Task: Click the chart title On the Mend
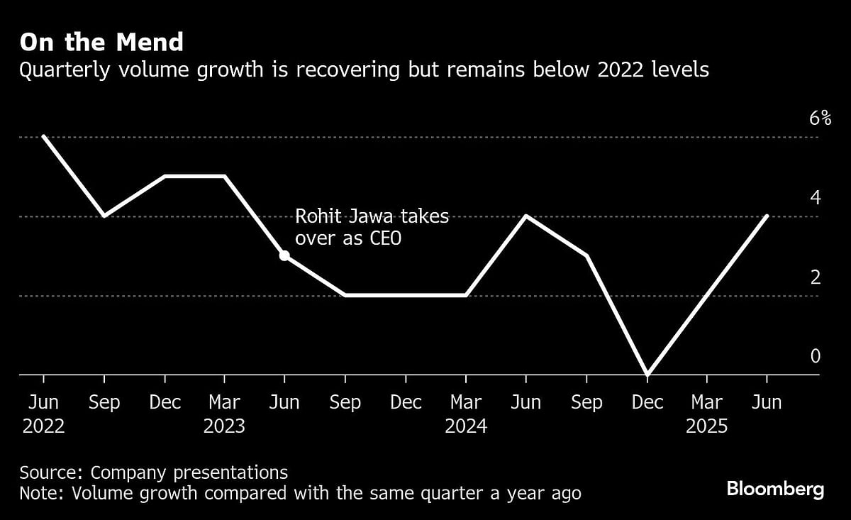tap(101, 43)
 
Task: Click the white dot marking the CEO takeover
tap(284, 255)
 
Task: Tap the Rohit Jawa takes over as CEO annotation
tap(372, 227)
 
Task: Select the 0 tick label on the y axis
tap(815, 356)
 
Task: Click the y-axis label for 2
tap(815, 277)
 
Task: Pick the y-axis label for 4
tap(815, 197)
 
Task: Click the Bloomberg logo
tap(775, 489)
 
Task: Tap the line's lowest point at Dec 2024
tap(647, 374)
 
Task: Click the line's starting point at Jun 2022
tap(44, 136)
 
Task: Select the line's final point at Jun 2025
tap(767, 216)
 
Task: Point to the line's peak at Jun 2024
tap(526, 216)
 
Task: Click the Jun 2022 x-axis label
tap(44, 414)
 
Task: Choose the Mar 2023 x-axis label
tap(224, 414)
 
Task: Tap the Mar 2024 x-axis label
tap(466, 414)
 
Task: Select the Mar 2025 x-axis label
tap(707, 414)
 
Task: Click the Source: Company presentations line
tap(154, 473)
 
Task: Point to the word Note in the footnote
tap(41, 493)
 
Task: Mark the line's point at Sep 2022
tap(104, 216)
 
